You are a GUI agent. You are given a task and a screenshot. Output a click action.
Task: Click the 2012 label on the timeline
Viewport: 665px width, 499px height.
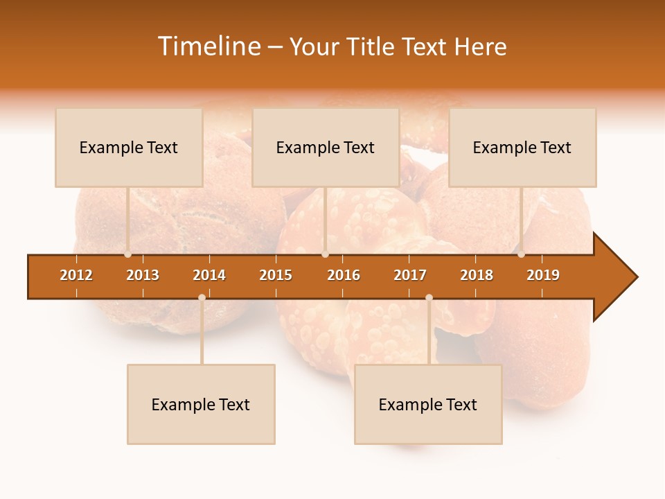(76, 275)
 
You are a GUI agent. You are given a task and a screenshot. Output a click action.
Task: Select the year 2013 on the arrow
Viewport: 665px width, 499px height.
(143, 275)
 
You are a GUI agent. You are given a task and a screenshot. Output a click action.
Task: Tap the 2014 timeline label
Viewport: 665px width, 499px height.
(209, 275)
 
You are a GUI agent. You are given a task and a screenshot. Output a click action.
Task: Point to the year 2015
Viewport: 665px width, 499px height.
(276, 275)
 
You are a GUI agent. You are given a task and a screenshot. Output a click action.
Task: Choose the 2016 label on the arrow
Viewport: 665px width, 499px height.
(344, 275)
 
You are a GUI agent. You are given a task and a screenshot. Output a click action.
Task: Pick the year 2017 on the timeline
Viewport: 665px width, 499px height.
(410, 275)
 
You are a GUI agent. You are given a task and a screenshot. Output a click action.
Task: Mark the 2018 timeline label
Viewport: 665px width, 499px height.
(477, 275)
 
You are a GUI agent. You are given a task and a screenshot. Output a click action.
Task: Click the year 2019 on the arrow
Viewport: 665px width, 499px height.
(543, 275)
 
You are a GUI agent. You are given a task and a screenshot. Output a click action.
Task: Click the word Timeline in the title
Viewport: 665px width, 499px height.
(210, 46)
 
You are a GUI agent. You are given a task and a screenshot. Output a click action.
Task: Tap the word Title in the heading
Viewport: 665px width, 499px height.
(372, 46)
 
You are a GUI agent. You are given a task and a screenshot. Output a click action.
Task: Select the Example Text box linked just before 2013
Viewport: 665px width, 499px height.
(129, 148)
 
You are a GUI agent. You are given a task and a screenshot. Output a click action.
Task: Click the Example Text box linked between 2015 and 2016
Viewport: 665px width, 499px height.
(326, 148)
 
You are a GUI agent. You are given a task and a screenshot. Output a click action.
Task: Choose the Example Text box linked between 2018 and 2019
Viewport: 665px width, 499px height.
(522, 148)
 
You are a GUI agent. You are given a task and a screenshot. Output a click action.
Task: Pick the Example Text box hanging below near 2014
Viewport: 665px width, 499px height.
(201, 405)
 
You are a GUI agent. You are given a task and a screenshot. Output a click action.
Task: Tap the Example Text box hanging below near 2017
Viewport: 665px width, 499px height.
(428, 405)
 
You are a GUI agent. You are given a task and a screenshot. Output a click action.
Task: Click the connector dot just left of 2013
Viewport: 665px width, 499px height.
(128, 254)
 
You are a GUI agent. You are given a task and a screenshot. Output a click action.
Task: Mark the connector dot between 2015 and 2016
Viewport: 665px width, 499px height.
(326, 254)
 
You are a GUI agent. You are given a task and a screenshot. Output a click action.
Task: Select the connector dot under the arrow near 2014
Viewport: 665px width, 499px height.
(202, 297)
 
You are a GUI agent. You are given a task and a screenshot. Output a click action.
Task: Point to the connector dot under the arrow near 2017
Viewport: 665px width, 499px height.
(429, 297)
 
